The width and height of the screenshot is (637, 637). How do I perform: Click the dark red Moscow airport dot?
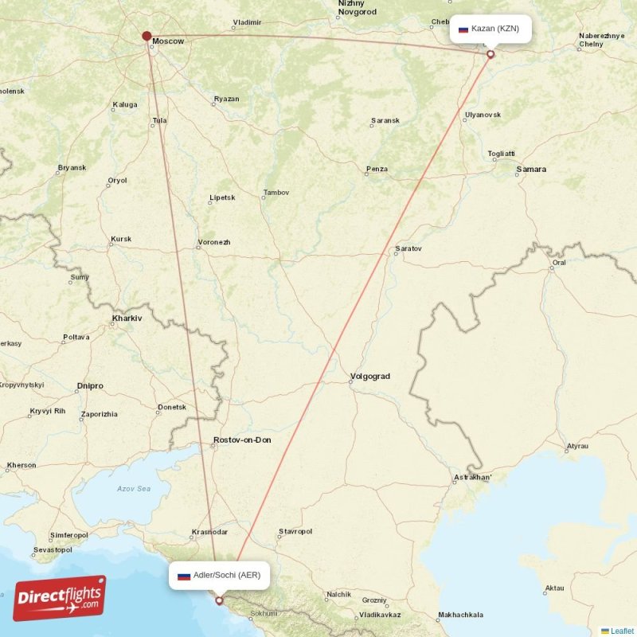147,36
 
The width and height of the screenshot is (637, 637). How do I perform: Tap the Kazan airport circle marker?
490,55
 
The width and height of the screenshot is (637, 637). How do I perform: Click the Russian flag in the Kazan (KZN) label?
463,29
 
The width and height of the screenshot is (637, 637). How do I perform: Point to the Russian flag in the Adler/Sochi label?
183,575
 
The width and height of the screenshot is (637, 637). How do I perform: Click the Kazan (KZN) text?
495,29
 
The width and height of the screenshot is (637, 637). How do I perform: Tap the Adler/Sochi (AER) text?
226,575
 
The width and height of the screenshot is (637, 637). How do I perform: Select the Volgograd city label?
370,377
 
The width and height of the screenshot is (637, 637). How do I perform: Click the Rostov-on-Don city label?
242,440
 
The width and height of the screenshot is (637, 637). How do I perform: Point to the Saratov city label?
408,249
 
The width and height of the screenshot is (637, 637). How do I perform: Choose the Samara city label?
531,170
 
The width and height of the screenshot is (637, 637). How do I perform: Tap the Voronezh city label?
214,242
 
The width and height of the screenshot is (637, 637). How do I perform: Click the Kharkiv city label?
127,318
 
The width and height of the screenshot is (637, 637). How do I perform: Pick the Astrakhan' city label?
473,479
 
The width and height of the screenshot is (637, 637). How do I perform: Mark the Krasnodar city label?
210,533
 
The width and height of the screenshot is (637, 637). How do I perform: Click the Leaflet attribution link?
622,631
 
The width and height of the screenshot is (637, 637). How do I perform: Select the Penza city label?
377,169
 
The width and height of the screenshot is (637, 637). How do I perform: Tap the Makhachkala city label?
460,615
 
